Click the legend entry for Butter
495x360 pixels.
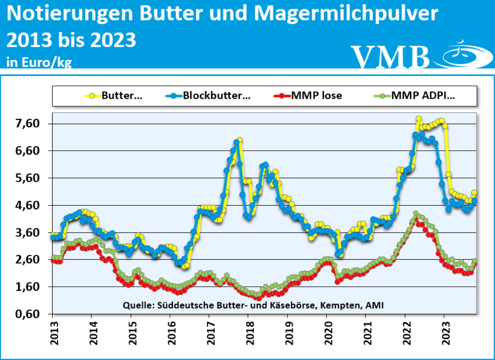[x=116, y=95]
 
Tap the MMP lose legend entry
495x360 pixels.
[x=309, y=95]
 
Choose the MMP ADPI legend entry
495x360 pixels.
[x=416, y=95]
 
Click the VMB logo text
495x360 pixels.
[x=390, y=57]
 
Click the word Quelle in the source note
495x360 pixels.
[x=138, y=305]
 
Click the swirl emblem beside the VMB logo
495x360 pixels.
[x=460, y=55]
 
